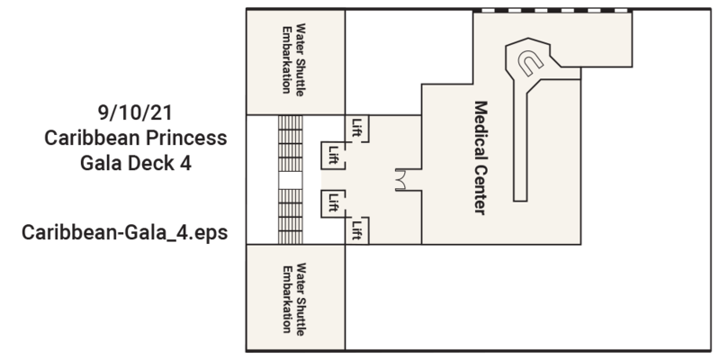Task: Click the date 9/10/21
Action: point(135,113)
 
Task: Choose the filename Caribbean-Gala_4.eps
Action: point(124,232)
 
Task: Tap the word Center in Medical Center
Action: point(481,188)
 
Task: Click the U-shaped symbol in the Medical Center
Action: point(530,63)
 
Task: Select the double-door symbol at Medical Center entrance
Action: point(400,179)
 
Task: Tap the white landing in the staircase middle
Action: point(290,180)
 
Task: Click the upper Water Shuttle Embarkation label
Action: point(293,59)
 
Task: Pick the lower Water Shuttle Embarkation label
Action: point(293,299)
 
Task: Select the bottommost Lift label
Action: point(356,230)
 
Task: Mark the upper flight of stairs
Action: point(290,143)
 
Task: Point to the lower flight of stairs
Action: point(290,216)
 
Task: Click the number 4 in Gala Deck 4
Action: point(185,163)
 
